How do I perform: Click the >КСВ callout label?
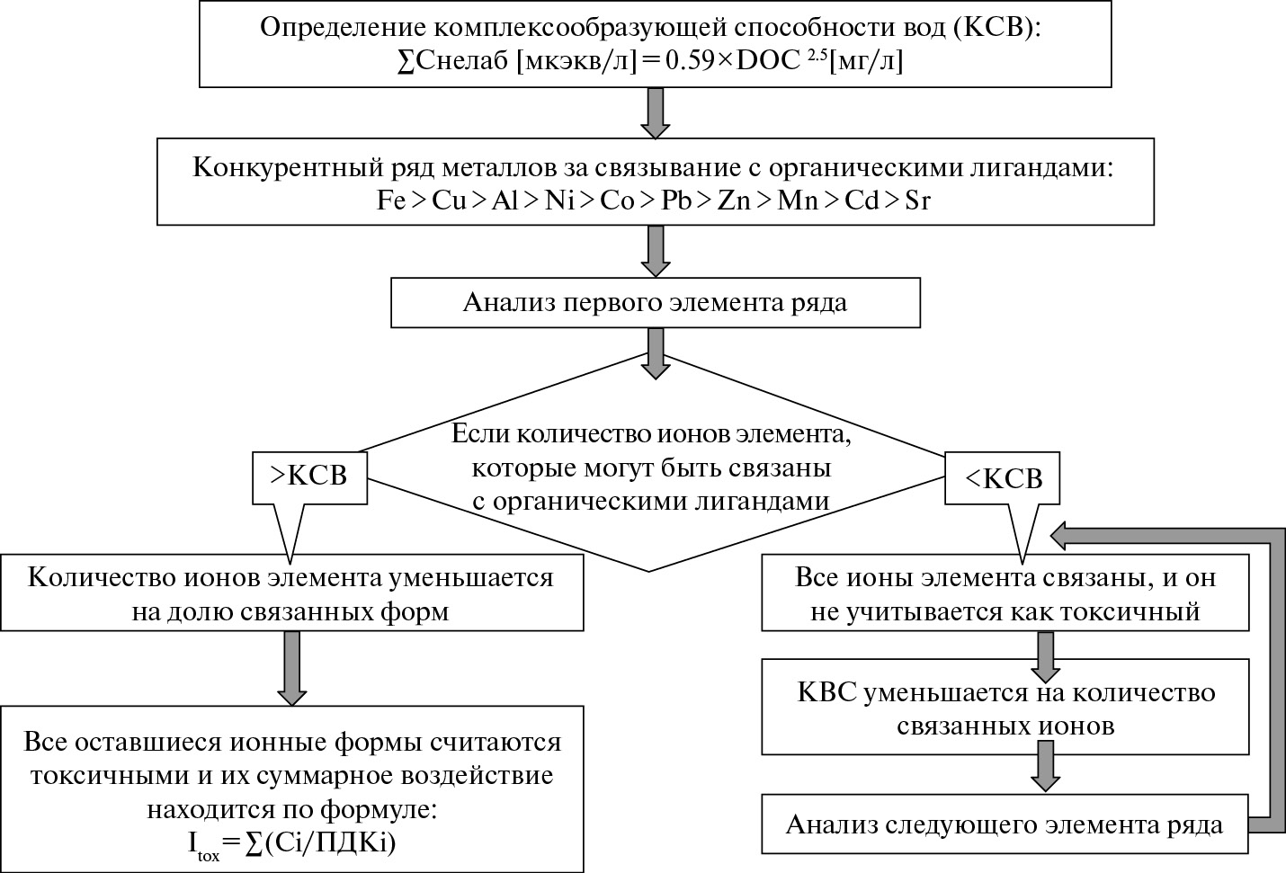coord(308,476)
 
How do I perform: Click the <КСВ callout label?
coord(1003,478)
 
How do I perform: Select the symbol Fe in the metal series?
coord(393,200)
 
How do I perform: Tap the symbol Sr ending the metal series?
coord(917,200)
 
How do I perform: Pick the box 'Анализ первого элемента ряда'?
coord(655,302)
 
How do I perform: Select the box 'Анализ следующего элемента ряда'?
coord(1005,824)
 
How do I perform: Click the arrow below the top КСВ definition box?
coord(655,112)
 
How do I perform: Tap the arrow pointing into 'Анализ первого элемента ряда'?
coord(655,251)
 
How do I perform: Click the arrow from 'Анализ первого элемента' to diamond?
coord(655,352)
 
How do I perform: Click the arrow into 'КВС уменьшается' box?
coord(1043,657)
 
